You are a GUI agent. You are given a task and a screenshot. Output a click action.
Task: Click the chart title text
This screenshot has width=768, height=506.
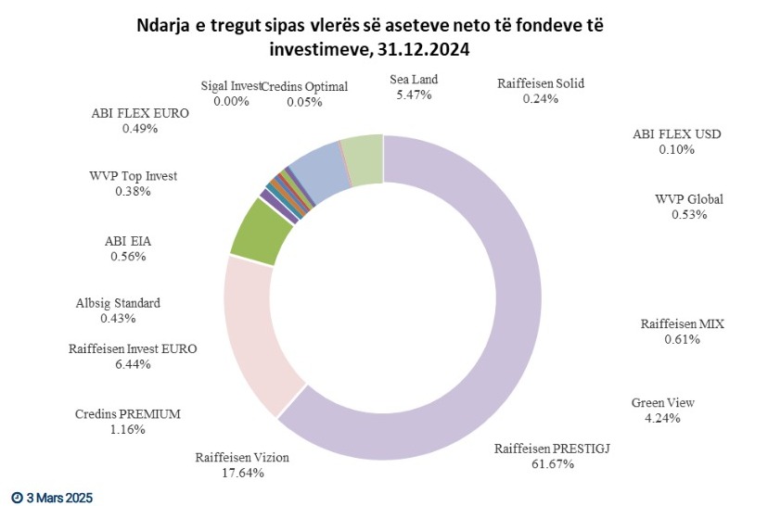pos(385,35)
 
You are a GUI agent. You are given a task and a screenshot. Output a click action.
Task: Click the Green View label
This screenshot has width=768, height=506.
pos(662,403)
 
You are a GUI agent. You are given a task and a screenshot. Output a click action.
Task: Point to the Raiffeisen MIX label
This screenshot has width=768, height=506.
pos(682,324)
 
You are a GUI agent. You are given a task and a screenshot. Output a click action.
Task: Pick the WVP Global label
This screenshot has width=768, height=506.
pos(688,199)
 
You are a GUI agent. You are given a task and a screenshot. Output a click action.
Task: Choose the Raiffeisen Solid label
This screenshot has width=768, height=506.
pos(540,83)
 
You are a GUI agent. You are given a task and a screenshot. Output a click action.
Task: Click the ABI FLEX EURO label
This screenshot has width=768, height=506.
pos(140,114)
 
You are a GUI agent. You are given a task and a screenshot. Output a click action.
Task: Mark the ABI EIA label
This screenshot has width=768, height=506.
pos(128,242)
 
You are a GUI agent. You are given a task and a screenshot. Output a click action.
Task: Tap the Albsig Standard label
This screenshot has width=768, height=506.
pos(118,303)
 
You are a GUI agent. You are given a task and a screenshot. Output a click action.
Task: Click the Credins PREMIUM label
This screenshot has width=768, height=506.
pos(127,413)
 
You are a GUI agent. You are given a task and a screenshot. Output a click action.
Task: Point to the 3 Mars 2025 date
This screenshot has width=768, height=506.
pos(53,498)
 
